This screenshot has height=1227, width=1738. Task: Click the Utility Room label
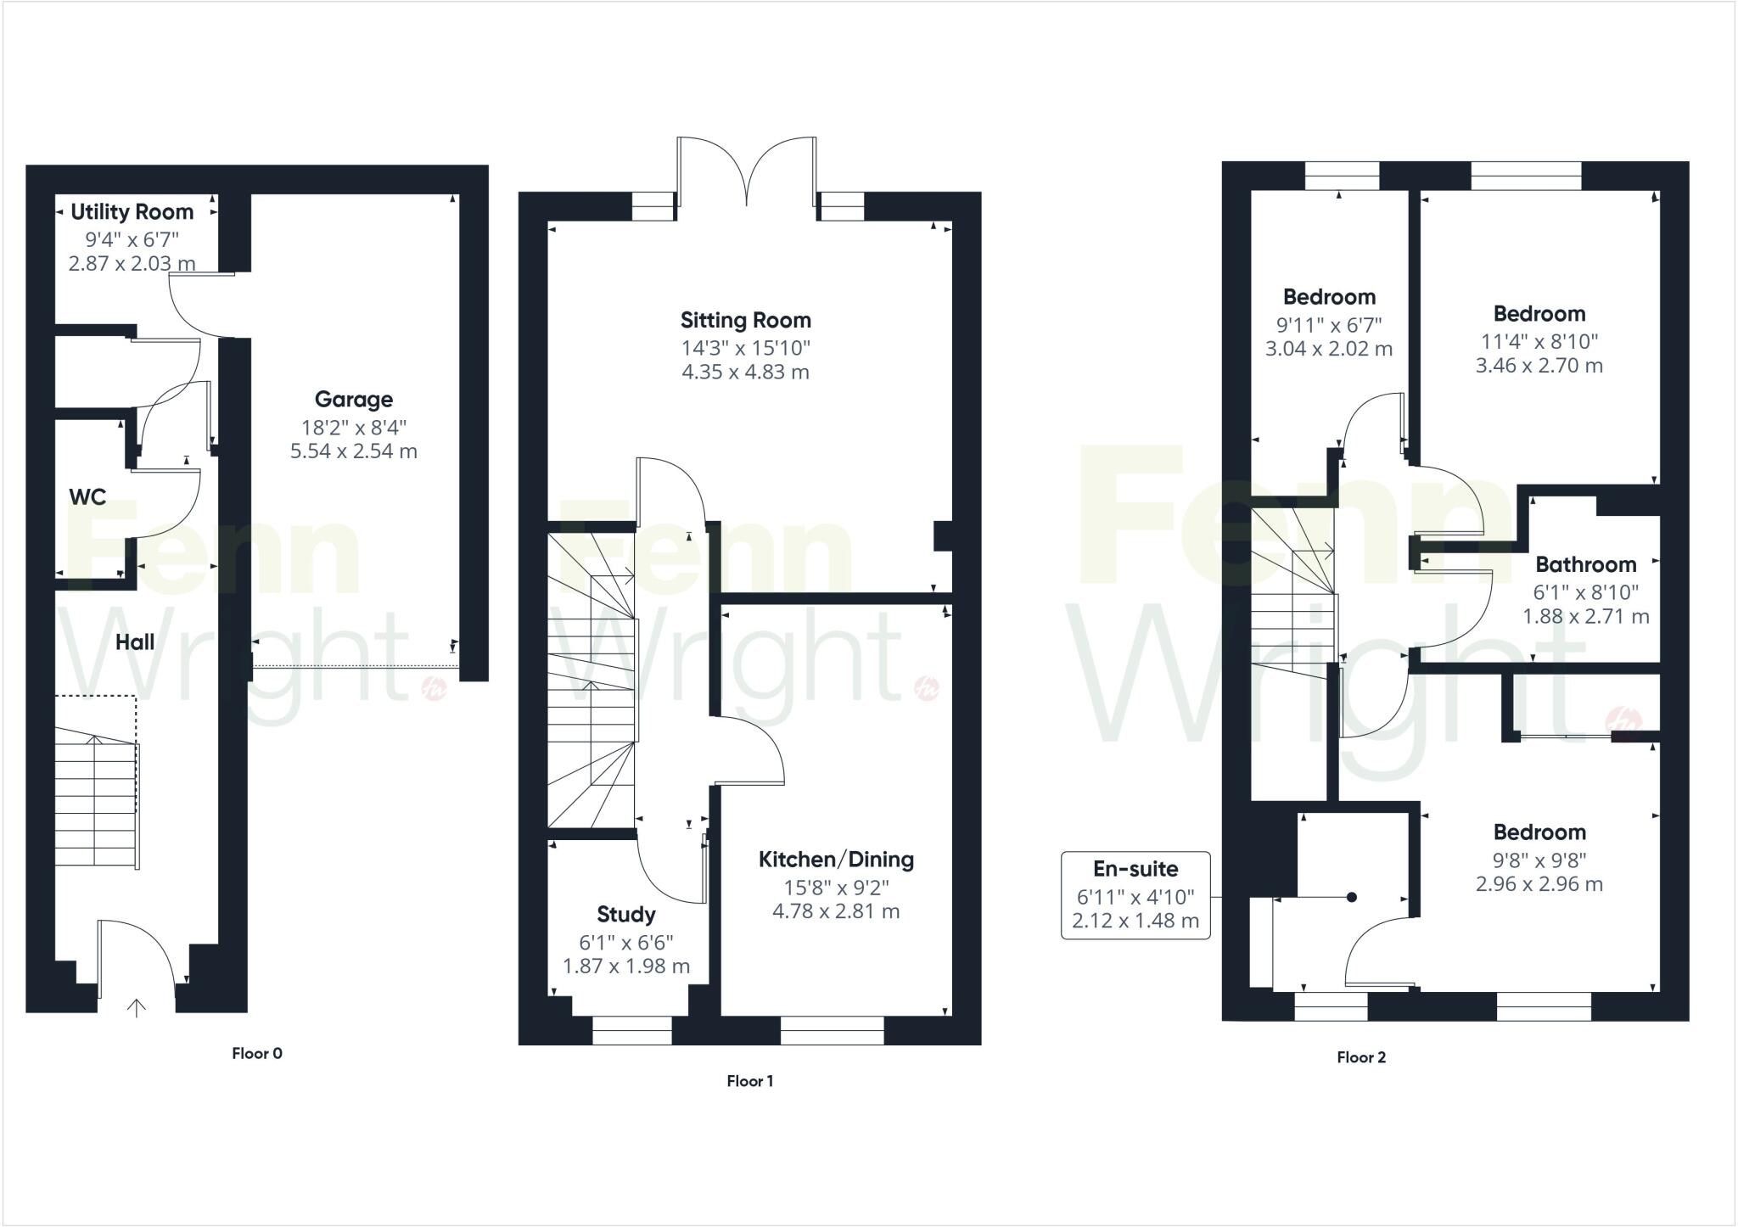click(132, 211)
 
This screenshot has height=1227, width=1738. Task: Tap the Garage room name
click(353, 399)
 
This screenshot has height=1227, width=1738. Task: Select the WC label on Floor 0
click(87, 496)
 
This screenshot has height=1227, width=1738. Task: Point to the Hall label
click(135, 642)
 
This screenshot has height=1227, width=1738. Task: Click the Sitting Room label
click(745, 320)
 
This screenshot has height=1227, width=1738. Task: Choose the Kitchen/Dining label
click(836, 860)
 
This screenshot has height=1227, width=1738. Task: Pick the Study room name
click(625, 914)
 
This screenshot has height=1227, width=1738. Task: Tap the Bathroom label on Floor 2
click(1585, 564)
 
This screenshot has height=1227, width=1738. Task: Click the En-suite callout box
click(1135, 895)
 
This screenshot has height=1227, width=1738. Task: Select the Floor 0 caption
click(257, 1053)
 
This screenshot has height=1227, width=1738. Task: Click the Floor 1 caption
click(749, 1080)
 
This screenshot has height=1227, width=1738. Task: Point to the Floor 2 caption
click(1360, 1056)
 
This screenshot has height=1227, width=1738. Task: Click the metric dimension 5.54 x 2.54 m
click(353, 451)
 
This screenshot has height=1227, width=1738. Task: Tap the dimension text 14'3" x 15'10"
click(745, 348)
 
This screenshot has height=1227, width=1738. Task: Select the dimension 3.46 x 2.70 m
click(1539, 366)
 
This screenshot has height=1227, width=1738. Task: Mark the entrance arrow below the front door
click(136, 1007)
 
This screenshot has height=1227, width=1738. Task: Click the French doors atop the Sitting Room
click(747, 174)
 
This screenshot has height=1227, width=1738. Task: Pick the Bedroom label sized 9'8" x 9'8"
click(1539, 832)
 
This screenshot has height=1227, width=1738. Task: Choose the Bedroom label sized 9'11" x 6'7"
click(1329, 297)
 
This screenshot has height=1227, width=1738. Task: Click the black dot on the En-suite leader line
click(1352, 897)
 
